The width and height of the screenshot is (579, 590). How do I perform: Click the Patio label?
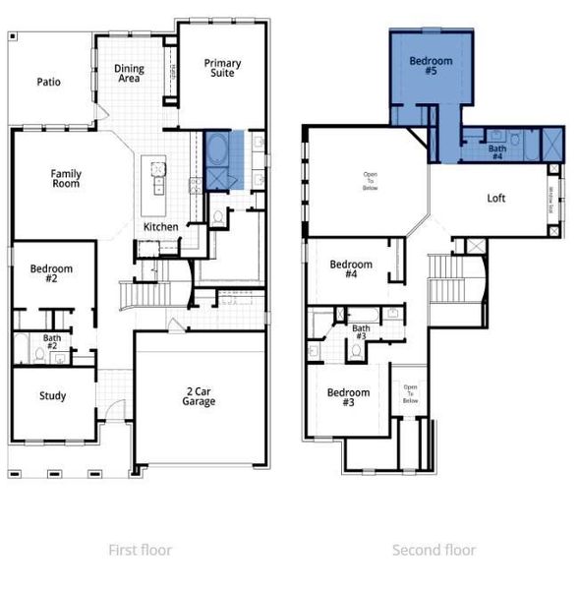click(48, 82)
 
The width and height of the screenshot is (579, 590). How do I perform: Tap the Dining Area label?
click(130, 74)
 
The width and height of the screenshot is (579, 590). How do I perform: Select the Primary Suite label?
click(222, 68)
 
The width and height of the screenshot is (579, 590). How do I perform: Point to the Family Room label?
click(66, 179)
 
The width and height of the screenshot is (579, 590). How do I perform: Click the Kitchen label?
click(161, 227)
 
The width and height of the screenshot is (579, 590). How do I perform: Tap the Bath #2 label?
click(51, 342)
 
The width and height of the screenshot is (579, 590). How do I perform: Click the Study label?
click(52, 396)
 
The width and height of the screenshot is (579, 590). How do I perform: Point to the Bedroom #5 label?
click(429, 65)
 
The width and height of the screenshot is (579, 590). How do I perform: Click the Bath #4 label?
click(496, 151)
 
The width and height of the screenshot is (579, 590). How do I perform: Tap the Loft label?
click(497, 198)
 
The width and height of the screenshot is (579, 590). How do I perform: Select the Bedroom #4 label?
click(351, 269)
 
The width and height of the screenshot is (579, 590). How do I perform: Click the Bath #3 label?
click(362, 333)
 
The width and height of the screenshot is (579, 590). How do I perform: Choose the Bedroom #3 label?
click(349, 397)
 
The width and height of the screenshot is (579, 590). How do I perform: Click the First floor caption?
click(140, 550)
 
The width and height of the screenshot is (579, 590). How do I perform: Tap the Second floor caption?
click(434, 550)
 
